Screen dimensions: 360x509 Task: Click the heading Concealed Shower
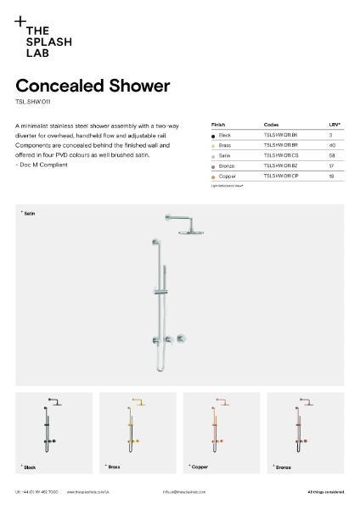click(93, 86)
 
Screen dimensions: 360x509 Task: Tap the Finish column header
click(218, 125)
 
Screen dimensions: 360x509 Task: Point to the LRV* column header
click(334, 125)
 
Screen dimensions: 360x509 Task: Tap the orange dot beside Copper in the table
click(213, 176)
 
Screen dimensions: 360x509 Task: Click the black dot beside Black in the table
click(213, 136)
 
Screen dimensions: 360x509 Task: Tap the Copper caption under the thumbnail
click(200, 467)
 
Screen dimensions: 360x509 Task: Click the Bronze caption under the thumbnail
click(284, 467)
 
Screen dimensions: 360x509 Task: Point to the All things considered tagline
click(326, 492)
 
